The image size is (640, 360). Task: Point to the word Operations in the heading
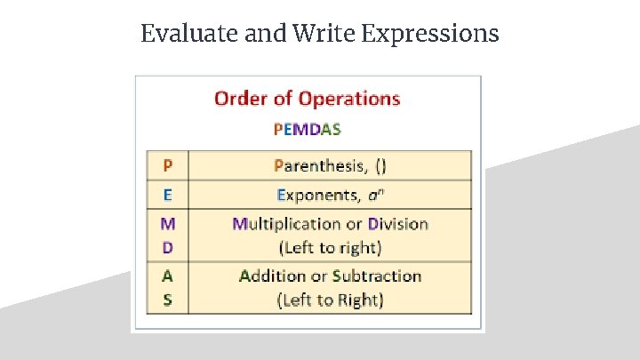349,99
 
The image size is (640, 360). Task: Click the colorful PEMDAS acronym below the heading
307,128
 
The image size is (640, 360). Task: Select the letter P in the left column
168,165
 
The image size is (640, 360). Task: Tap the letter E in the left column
168,195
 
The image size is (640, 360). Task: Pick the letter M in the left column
168,223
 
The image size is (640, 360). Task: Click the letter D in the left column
168,247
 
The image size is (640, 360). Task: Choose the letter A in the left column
168,276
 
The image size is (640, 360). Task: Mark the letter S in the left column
168,300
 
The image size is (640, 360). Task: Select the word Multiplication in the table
286,224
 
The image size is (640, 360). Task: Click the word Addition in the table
272,276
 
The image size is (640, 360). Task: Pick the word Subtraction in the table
375,276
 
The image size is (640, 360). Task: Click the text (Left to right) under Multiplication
330,247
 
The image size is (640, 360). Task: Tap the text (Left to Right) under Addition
331,300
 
